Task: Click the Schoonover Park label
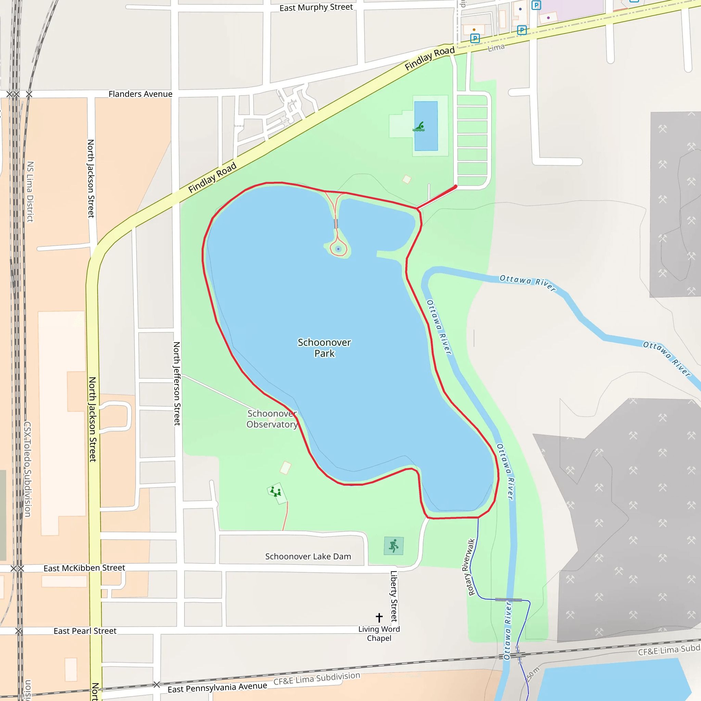(x=324, y=348)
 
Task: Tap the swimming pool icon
(x=419, y=127)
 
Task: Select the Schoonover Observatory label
(x=272, y=419)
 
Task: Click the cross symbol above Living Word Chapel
(x=379, y=617)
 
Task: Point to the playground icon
(x=276, y=492)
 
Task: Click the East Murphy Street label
(x=316, y=8)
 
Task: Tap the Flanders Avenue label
(x=140, y=94)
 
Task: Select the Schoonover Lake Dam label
(x=308, y=556)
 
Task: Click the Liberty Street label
(x=394, y=596)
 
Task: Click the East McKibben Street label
(x=84, y=568)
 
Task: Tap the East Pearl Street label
(x=85, y=631)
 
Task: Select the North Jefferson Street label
(x=177, y=383)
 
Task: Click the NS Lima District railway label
(x=30, y=192)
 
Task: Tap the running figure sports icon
(x=394, y=546)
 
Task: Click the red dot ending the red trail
(x=455, y=187)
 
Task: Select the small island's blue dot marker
(x=338, y=249)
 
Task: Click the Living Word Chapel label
(x=379, y=634)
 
